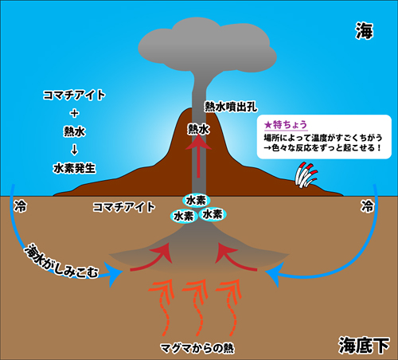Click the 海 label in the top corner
tap(365, 31)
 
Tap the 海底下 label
tap(364, 345)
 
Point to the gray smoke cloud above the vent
tap(207, 45)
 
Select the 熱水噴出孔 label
tap(231, 107)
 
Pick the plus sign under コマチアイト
tap(75, 113)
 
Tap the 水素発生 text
tap(74, 168)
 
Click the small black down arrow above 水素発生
tap(75, 150)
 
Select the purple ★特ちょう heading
tap(286, 124)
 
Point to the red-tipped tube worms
tap(306, 175)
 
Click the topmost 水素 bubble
tap(196, 201)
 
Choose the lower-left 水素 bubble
tap(184, 216)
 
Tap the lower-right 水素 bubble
tap(213, 214)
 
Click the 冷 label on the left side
tap(20, 206)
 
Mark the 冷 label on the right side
tap(367, 206)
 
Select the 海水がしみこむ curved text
tap(60, 261)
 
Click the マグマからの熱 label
tap(197, 348)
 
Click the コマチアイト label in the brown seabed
tap(124, 207)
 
